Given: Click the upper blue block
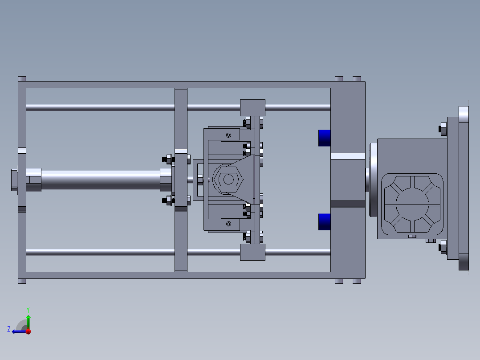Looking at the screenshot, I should pos(325,138).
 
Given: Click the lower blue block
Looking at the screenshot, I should pos(325,221).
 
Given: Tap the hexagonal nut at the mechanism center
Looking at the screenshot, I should pos(228,180).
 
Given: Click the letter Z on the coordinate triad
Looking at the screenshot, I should pos(9,329).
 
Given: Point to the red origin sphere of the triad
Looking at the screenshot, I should pos(28,331).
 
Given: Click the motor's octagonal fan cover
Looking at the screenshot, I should pos(412,204).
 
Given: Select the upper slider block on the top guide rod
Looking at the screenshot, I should pos(252,108).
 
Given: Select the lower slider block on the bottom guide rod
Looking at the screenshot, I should pos(252,252).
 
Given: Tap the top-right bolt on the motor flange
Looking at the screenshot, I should pos(443,129).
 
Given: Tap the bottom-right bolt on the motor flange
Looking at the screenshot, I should pos(443,246).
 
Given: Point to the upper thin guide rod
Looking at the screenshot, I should pos(100,107).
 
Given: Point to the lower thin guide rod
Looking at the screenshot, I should pos(100,252).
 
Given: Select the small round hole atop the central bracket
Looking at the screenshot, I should pos(229,135).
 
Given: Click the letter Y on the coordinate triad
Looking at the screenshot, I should pos(28,309).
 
